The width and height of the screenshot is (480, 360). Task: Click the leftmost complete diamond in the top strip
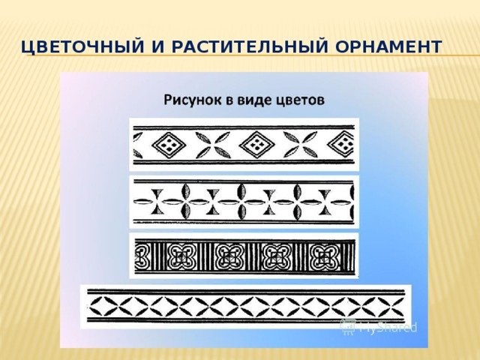[169, 145]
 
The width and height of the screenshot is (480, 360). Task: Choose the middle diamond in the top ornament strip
[256, 145]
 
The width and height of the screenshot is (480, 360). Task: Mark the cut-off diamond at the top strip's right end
[340, 145]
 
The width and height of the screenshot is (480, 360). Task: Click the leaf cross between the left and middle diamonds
[212, 145]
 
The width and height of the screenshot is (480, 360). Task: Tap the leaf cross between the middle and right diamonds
[300, 145]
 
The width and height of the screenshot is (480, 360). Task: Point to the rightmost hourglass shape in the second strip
[325, 202]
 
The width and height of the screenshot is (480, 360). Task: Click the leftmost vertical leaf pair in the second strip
[186, 202]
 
